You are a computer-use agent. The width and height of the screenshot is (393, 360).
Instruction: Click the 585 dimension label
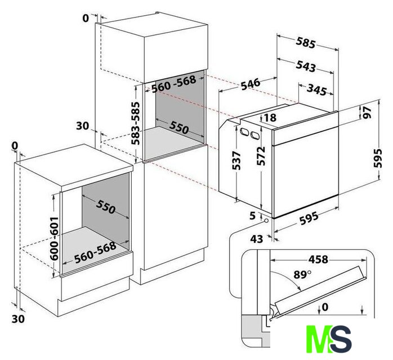pyautogui.click(x=305, y=43)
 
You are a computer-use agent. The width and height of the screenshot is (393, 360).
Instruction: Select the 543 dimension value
pyautogui.click(x=306, y=66)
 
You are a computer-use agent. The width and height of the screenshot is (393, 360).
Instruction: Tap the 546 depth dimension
pyautogui.click(x=251, y=84)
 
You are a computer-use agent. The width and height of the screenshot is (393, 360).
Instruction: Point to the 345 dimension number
pyautogui.click(x=317, y=89)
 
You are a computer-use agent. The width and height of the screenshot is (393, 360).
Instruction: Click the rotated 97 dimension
pyautogui.click(x=365, y=112)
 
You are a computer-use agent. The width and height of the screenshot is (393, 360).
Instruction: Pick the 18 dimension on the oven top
pyautogui.click(x=270, y=118)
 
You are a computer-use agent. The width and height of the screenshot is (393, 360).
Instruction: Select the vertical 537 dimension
pyautogui.click(x=236, y=160)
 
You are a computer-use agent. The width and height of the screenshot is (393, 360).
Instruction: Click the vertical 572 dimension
pyautogui.click(x=261, y=156)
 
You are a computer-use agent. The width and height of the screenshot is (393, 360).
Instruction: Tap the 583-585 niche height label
pyautogui.click(x=136, y=123)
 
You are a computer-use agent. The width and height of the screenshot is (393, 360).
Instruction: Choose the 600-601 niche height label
pyautogui.click(x=54, y=238)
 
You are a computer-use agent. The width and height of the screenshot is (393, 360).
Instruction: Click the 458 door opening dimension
pyautogui.click(x=318, y=259)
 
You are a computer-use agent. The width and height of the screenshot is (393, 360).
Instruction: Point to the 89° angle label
pyautogui.click(x=302, y=274)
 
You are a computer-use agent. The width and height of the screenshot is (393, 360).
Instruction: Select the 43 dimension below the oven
pyautogui.click(x=257, y=239)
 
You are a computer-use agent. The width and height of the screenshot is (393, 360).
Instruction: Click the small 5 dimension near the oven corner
pyautogui.click(x=253, y=215)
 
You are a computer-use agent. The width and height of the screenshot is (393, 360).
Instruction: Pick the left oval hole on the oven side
pyautogui.click(x=244, y=132)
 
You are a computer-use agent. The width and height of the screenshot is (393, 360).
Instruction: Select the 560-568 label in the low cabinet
pyautogui.click(x=96, y=253)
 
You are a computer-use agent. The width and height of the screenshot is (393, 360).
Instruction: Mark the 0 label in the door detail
pyautogui.click(x=325, y=307)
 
